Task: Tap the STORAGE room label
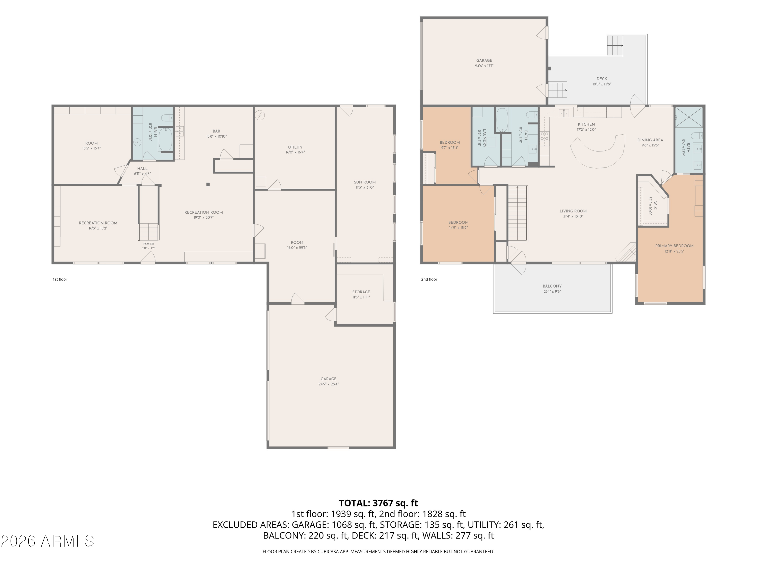(x=361, y=292)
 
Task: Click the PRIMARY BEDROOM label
(x=674, y=246)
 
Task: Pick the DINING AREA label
(x=650, y=140)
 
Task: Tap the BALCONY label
(x=552, y=286)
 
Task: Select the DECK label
(x=602, y=79)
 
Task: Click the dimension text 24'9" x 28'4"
(x=328, y=384)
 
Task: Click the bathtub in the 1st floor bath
(x=165, y=139)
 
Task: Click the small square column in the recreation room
(x=208, y=184)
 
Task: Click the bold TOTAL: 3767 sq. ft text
(x=378, y=503)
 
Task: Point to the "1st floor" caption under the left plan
(x=60, y=279)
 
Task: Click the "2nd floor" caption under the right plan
(x=429, y=279)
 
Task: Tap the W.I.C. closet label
(x=655, y=206)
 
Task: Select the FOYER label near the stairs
(x=149, y=244)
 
